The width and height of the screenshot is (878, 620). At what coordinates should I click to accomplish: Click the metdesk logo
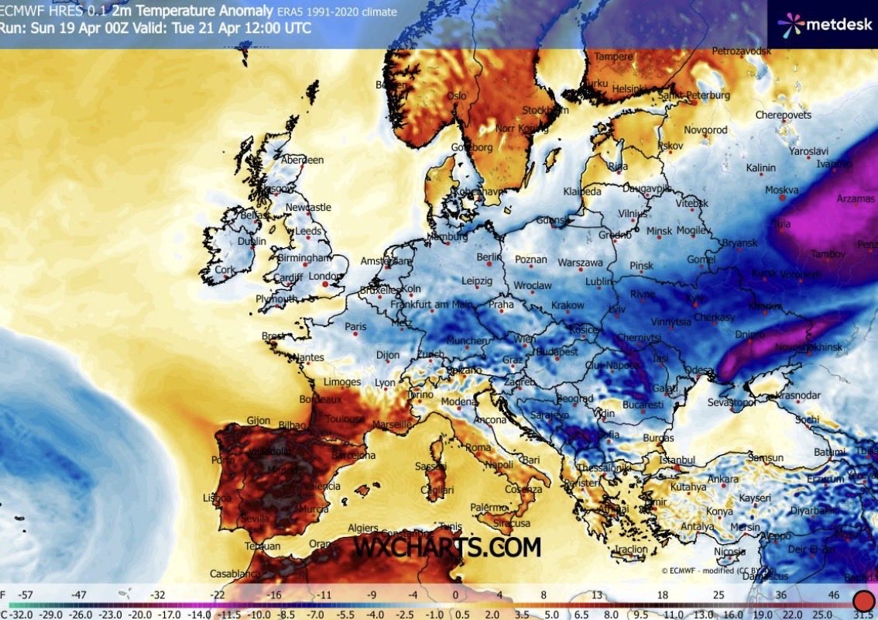(x=823, y=24)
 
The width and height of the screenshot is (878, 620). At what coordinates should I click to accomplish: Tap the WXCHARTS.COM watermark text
(x=447, y=547)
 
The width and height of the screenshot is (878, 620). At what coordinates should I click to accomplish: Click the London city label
(x=324, y=275)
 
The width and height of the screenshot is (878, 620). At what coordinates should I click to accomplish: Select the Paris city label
(x=355, y=326)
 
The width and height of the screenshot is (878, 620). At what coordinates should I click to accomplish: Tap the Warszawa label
(x=580, y=262)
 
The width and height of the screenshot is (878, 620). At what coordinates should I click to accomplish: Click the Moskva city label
(x=781, y=189)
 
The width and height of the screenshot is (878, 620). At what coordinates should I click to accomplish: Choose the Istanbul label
(x=673, y=460)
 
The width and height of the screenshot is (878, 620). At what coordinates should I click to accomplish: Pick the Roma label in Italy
(x=478, y=447)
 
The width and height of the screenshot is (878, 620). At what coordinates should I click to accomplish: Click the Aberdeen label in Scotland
(x=302, y=160)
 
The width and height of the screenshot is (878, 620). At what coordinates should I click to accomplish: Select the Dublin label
(x=252, y=241)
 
